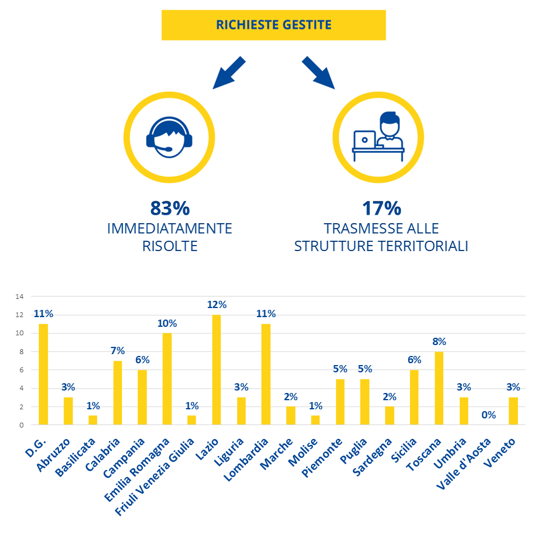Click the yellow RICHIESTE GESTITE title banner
[273, 25]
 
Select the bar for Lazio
[216, 369]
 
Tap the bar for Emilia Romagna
[167, 378]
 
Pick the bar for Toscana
[439, 387]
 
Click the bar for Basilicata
[93, 420]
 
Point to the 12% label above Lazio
[216, 304]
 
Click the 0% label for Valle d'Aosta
[489, 415]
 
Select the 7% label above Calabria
[118, 350]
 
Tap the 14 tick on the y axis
[19, 297]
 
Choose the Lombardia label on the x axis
[247, 461]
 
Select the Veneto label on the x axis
[501, 453]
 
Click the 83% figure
[170, 208]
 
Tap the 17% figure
[381, 208]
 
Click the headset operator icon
[169, 137]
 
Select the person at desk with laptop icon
[378, 137]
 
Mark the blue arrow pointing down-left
[229, 73]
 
